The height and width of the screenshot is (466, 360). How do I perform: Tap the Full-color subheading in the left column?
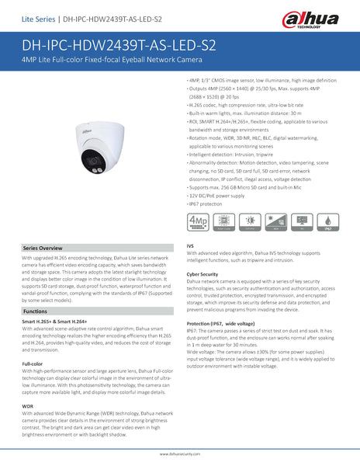click(33, 363)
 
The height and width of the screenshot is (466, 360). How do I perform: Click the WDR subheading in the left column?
click(27, 405)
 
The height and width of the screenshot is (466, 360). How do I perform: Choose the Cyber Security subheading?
click(202, 274)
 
